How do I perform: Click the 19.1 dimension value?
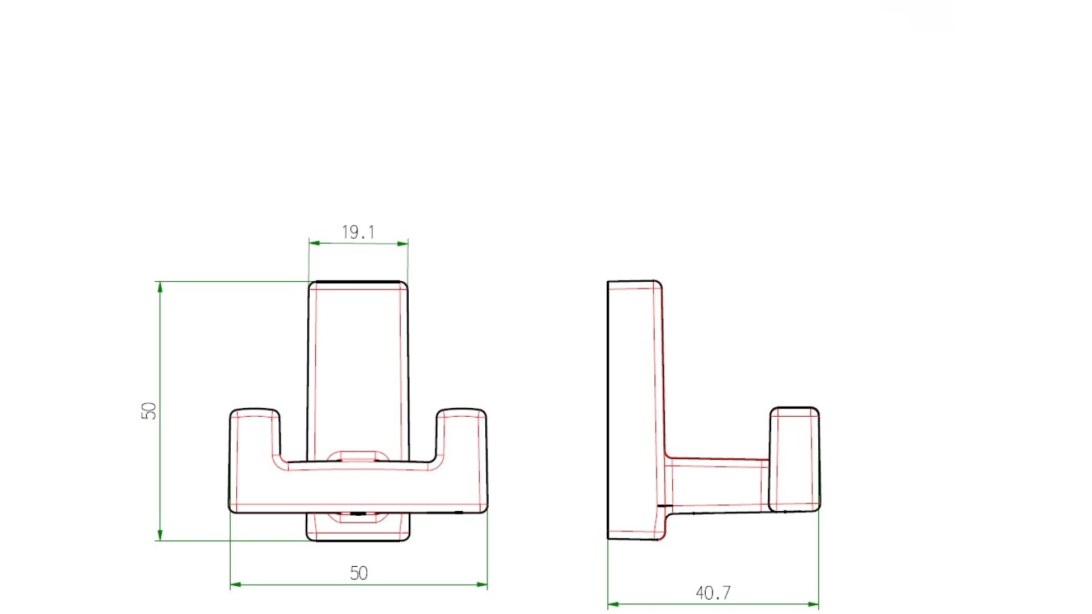point(358,232)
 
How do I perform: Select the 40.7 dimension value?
point(713,593)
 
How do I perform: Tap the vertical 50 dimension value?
point(149,411)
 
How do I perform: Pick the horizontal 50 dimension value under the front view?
point(359,573)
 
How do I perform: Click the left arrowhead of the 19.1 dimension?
point(315,243)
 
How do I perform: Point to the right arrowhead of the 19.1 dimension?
point(403,244)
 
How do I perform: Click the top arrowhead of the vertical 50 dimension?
point(160,287)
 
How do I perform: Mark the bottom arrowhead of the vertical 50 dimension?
point(160,535)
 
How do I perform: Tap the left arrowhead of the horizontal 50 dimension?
point(235,584)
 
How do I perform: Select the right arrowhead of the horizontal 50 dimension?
point(482,585)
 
